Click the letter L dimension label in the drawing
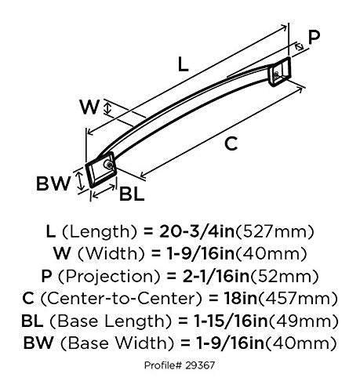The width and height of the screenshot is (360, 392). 183,64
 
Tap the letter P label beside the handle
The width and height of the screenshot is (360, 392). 314,37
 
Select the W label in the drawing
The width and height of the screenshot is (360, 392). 89,107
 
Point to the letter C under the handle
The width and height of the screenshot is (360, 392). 231,143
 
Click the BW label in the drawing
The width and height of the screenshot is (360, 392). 53,183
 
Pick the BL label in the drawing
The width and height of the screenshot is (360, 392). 132,194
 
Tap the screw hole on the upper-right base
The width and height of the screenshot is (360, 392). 276,75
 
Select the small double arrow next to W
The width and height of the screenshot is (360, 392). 107,108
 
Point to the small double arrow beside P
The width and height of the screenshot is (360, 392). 299,47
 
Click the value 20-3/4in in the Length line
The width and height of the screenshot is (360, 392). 197,231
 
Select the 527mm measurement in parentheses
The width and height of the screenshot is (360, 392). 275,232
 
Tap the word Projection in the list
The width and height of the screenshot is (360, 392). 108,277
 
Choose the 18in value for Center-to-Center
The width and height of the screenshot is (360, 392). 241,299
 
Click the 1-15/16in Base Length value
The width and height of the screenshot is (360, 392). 231,321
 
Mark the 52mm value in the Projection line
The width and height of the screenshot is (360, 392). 285,276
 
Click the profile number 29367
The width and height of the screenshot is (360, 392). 200,365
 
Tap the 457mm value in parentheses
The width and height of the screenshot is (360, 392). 298,299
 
